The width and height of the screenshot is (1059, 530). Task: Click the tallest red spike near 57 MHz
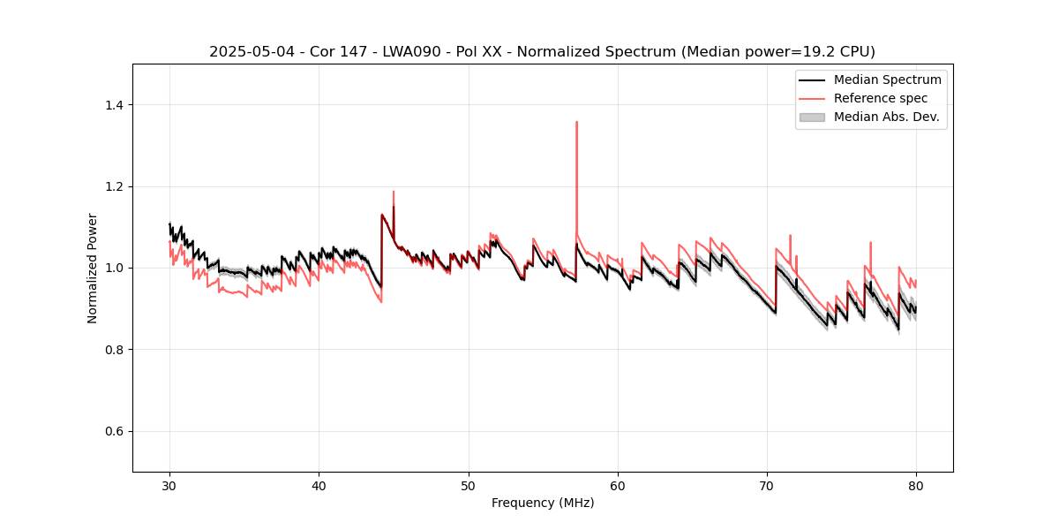click(x=576, y=123)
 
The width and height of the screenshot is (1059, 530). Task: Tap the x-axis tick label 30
click(x=169, y=486)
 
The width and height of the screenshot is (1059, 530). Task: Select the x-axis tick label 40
click(x=319, y=486)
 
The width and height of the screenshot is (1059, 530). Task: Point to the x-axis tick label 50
click(x=469, y=486)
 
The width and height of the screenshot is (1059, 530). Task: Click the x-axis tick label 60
click(x=618, y=486)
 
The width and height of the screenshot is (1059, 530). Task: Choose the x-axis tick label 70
click(x=767, y=486)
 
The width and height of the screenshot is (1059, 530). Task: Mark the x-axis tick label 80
click(x=916, y=486)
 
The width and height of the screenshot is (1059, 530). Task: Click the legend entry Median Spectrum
click(x=887, y=79)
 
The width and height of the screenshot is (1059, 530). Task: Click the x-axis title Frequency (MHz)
click(x=543, y=503)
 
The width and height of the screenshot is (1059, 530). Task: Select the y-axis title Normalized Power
click(x=93, y=268)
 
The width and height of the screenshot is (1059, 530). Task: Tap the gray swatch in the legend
click(x=812, y=117)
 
